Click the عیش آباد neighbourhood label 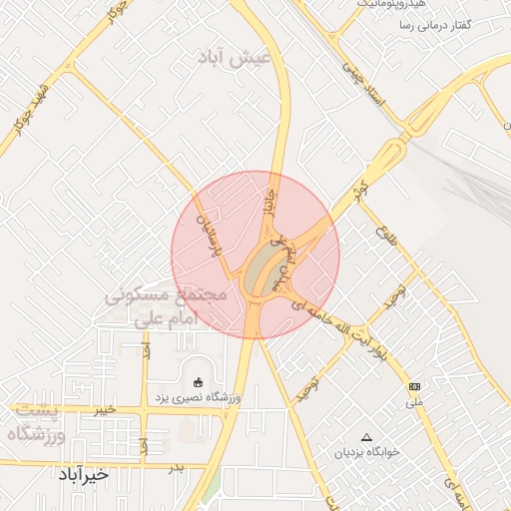(236, 59)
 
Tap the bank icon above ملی (414, 386)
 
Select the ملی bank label (414, 402)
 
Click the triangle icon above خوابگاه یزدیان (367, 437)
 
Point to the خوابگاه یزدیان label (367, 452)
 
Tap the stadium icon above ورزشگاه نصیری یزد (197, 382)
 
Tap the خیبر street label (103, 409)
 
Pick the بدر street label (176, 466)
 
